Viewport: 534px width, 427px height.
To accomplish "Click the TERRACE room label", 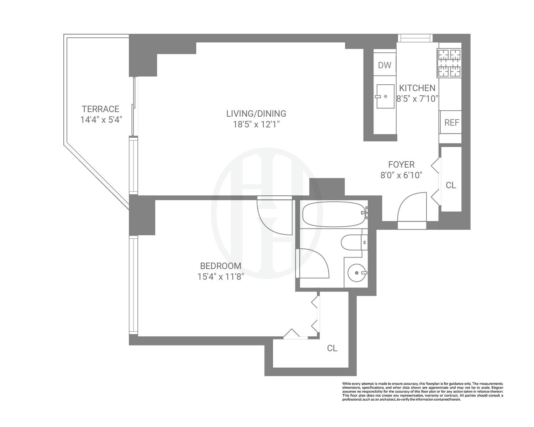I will pyautogui.click(x=100, y=109).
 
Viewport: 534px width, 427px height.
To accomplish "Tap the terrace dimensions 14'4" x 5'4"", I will pyautogui.click(x=101, y=120).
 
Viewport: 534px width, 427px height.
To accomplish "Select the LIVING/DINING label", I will pyautogui.click(x=256, y=114).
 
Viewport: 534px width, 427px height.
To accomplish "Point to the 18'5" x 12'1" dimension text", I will pyautogui.click(x=256, y=124).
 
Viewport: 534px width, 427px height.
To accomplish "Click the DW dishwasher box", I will pyautogui.click(x=384, y=65).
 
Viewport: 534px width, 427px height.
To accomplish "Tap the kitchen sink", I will pyautogui.click(x=385, y=96).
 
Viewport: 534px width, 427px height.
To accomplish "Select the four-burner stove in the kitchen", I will pyautogui.click(x=449, y=63).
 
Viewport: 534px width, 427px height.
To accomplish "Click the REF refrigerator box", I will pyautogui.click(x=451, y=122).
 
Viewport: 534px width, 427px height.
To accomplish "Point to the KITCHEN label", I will pyautogui.click(x=417, y=88).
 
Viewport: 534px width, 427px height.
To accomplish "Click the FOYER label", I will pyautogui.click(x=401, y=164).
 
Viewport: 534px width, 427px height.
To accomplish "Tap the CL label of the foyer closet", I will pyautogui.click(x=451, y=185).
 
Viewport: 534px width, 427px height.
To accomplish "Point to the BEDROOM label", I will pyautogui.click(x=221, y=266).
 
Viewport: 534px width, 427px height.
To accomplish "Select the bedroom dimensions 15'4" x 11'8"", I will pyautogui.click(x=221, y=276).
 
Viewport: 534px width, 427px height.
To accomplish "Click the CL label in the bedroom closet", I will pyautogui.click(x=332, y=348).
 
